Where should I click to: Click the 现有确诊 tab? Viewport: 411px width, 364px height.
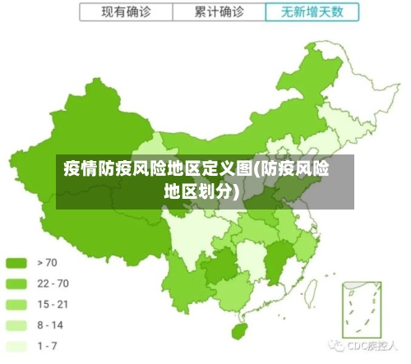pyautogui.click(x=127, y=12)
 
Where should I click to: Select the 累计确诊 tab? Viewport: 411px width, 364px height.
pyautogui.click(x=219, y=12)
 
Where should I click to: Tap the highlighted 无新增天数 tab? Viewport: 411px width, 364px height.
pyautogui.click(x=312, y=12)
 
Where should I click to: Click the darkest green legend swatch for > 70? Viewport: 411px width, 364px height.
pyautogui.click(x=17, y=263)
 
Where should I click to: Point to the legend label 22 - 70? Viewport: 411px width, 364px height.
pyautogui.click(x=53, y=283)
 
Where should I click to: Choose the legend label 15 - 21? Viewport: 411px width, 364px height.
pyautogui.click(x=52, y=304)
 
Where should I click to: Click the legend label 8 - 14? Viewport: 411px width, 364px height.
pyautogui.click(x=50, y=325)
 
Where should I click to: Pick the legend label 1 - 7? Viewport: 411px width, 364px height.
pyautogui.click(x=48, y=345)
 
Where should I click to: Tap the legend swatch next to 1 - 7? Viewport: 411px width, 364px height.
pyautogui.click(x=17, y=345)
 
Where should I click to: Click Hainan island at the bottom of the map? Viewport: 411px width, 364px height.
pyautogui.click(x=240, y=332)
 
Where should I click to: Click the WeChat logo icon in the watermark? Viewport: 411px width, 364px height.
pyautogui.click(x=335, y=346)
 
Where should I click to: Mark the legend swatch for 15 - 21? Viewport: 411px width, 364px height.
pyautogui.click(x=17, y=304)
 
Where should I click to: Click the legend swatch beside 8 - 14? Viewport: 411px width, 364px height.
pyautogui.click(x=17, y=325)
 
